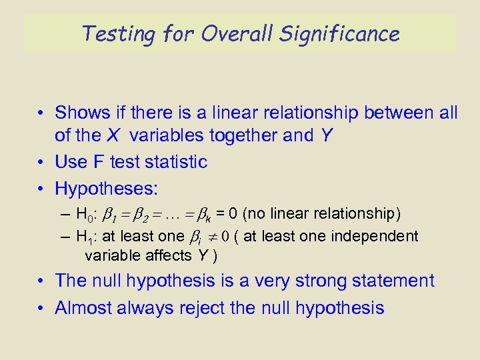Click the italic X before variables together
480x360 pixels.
114,135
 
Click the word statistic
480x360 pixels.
175,162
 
